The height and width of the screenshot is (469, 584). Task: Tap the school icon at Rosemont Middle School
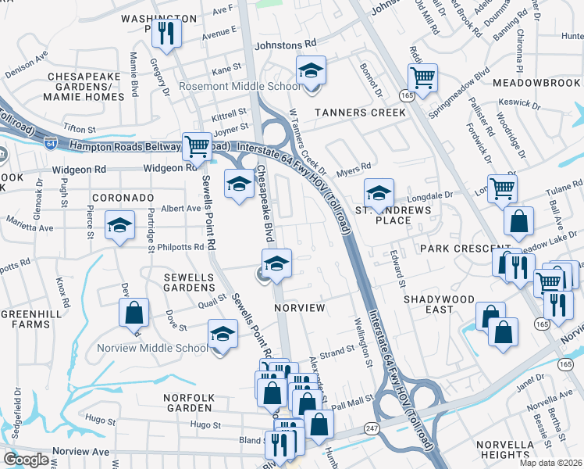point(310,71)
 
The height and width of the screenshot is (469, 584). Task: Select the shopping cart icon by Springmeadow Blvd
point(422,77)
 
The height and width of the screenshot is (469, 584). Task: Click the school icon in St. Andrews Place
point(379,192)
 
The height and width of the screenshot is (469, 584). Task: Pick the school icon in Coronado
point(119,225)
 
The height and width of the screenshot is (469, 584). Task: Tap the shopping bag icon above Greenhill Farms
point(134,313)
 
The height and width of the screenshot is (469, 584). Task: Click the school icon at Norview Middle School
point(223,335)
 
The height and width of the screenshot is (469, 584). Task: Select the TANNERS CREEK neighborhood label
point(360,113)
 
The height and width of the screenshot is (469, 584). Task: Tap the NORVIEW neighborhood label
point(299,308)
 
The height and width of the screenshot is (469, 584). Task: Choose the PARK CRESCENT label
point(453,248)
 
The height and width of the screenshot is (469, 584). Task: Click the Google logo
point(26,460)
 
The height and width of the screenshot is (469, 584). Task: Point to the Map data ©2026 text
point(550,463)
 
